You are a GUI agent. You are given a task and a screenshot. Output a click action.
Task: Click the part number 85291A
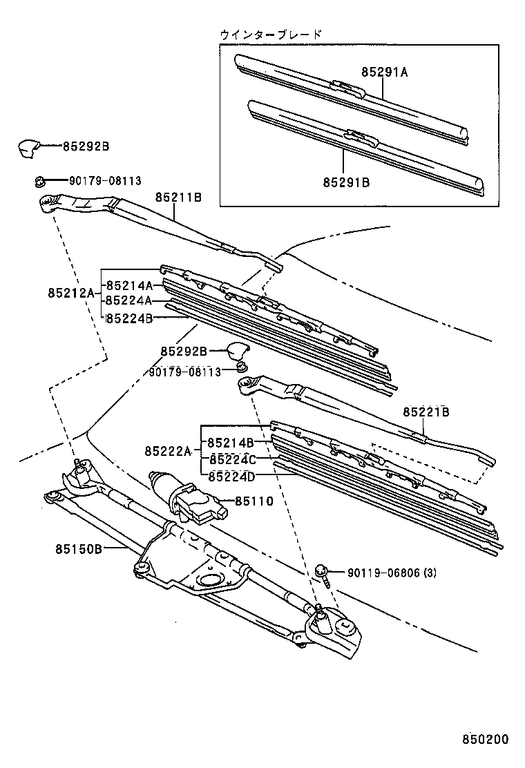(x=384, y=71)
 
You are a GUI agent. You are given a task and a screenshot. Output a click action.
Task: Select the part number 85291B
(x=346, y=182)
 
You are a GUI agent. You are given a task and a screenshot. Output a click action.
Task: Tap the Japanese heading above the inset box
(x=271, y=34)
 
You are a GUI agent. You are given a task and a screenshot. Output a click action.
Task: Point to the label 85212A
(x=70, y=293)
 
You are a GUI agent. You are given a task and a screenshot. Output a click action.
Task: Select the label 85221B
(x=426, y=412)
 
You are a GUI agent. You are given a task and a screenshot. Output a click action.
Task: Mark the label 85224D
(x=231, y=476)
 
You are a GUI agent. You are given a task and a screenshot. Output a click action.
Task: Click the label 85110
(x=254, y=501)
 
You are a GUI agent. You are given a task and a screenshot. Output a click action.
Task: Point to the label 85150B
(x=79, y=549)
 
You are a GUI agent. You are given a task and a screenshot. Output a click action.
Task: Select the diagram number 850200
(x=485, y=739)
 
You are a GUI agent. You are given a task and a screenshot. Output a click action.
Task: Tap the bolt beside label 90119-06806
(x=322, y=573)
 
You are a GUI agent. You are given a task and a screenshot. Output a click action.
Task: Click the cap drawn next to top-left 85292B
(x=28, y=147)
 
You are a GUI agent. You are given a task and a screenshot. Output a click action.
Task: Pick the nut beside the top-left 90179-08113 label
(x=39, y=182)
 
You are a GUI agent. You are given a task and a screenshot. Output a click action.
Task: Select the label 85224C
(x=231, y=459)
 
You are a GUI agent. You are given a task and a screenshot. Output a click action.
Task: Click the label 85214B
(x=231, y=442)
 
